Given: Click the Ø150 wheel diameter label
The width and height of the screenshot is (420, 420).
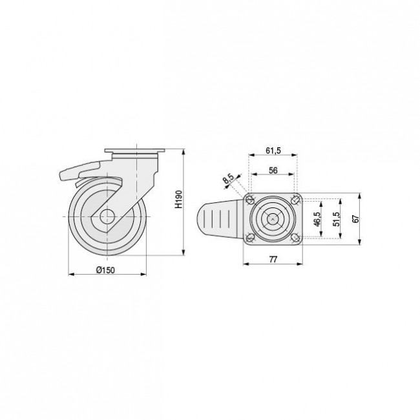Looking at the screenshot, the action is click(105, 270).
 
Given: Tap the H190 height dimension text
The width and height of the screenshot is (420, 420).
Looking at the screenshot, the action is click(178, 199).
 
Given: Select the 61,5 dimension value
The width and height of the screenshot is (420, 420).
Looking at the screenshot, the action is click(273, 151).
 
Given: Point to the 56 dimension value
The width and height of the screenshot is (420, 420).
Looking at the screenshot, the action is click(273, 171).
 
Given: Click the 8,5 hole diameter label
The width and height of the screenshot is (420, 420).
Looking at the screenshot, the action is click(229, 178).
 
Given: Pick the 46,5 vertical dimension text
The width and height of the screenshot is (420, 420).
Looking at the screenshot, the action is click(317, 219).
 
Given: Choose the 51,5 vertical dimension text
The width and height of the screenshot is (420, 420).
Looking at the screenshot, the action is click(336, 219).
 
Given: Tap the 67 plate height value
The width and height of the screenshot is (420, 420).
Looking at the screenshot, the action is click(355, 219).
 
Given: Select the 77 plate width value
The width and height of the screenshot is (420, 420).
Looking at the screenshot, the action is click(273, 259).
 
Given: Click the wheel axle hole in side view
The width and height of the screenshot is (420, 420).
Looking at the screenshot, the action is click(107, 216).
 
